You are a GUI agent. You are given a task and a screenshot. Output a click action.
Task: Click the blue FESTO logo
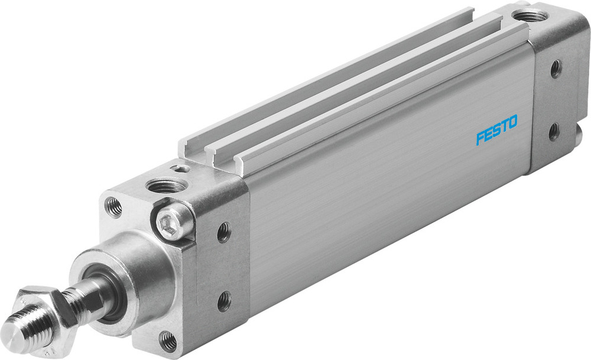496,129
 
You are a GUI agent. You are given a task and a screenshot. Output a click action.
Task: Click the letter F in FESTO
480,138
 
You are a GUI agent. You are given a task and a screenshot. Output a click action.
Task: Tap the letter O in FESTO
511,122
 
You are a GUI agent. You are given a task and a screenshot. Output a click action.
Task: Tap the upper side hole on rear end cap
556,69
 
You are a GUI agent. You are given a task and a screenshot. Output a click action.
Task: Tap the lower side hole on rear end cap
554,131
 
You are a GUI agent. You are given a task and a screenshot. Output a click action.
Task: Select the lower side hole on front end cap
224,301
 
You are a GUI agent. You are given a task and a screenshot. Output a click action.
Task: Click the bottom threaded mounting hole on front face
168,340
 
